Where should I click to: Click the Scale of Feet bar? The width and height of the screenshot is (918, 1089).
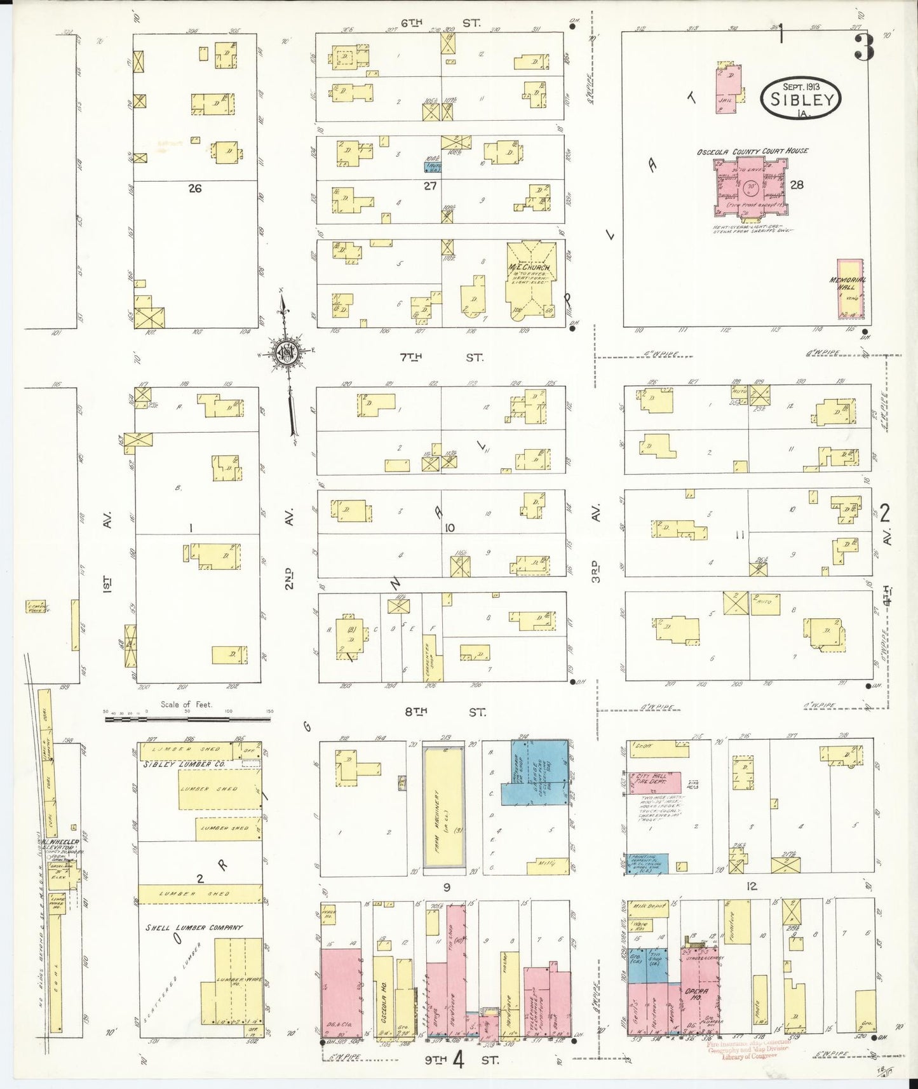[187, 720]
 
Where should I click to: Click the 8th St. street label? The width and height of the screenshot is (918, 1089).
[444, 712]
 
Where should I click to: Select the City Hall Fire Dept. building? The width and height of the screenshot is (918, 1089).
[654, 782]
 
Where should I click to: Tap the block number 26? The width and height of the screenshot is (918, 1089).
[195, 188]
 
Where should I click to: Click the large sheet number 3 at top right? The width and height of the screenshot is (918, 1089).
[864, 48]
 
